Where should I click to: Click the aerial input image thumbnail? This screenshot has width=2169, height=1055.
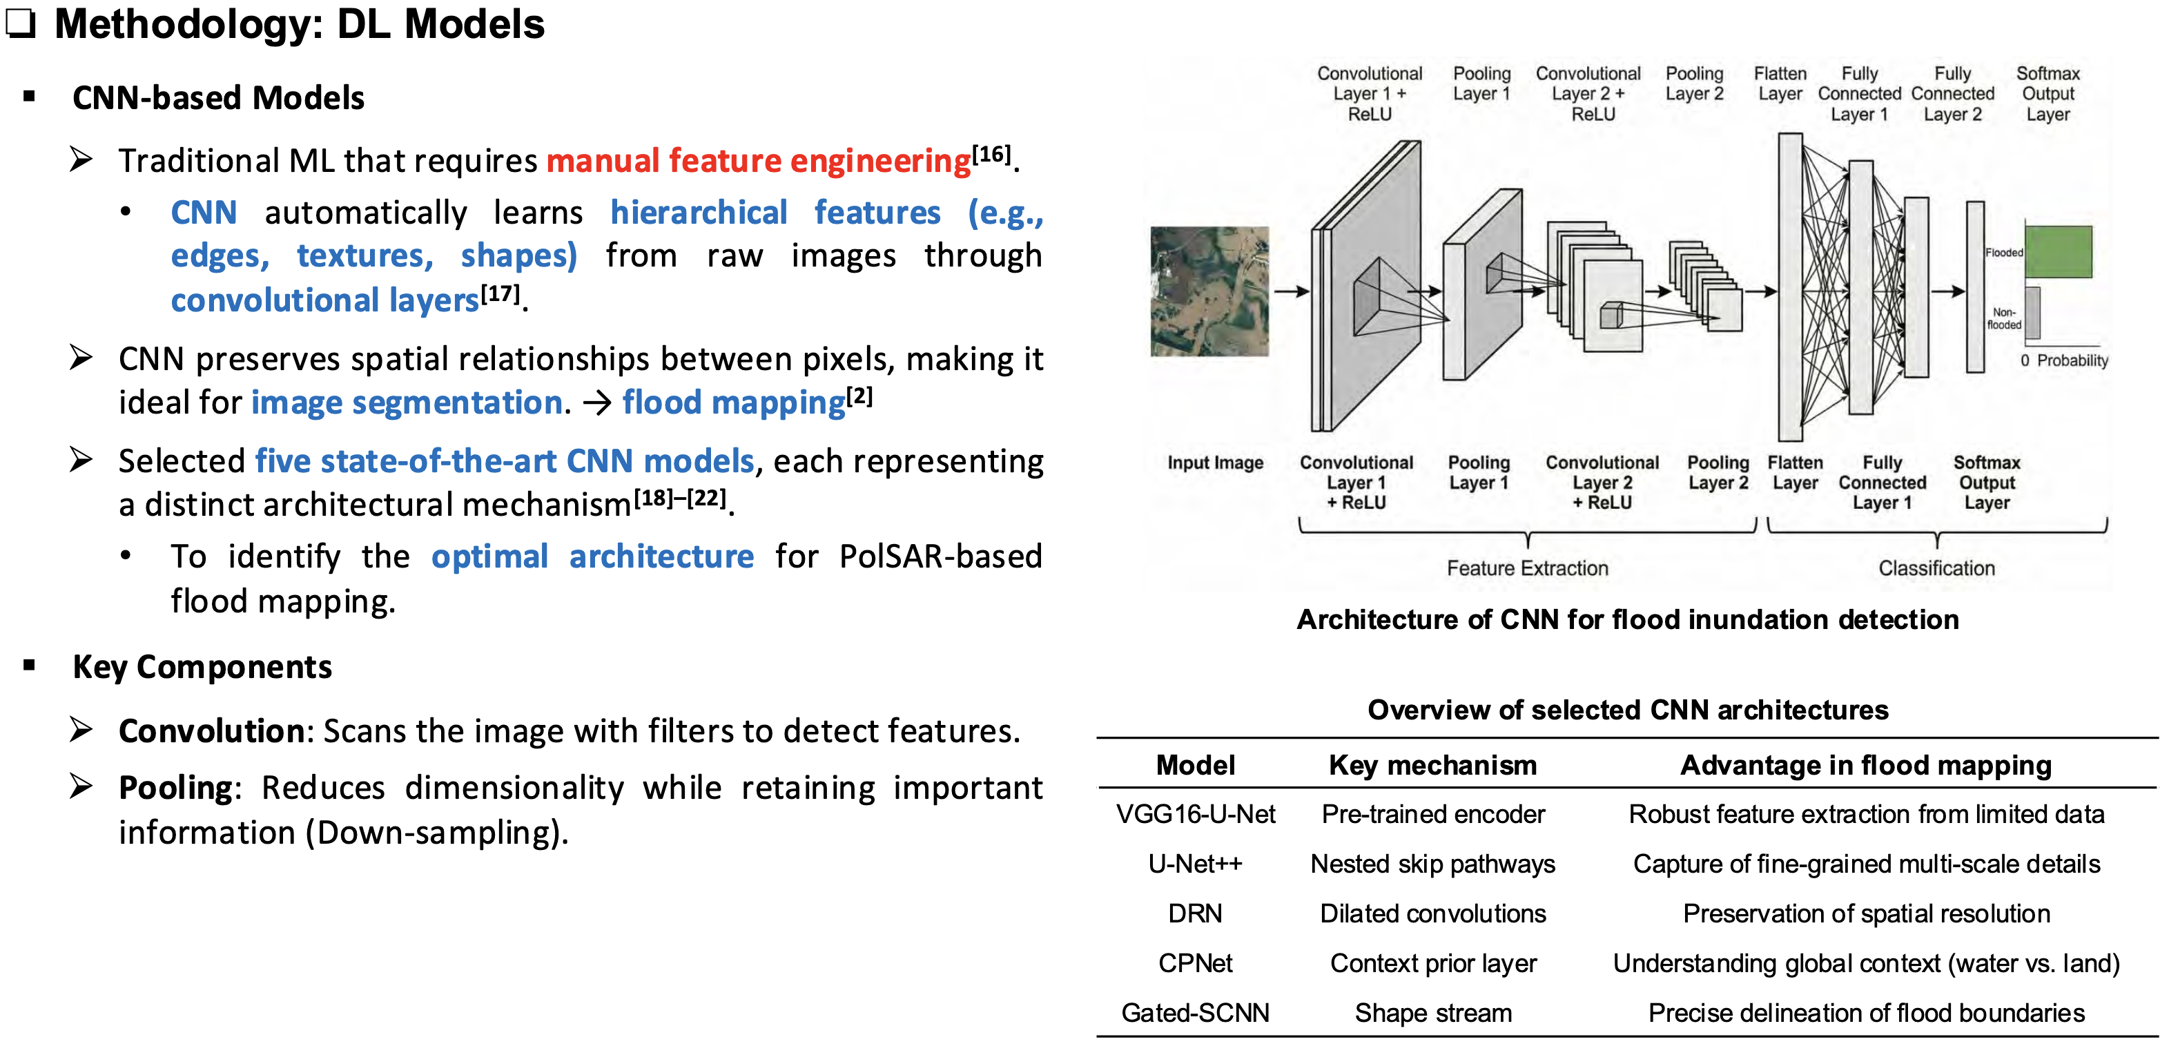(x=1209, y=291)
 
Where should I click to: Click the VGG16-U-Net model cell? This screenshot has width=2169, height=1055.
(x=1195, y=814)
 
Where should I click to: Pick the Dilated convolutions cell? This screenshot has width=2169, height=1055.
(x=1432, y=913)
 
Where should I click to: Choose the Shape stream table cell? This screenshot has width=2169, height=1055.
(x=1432, y=1013)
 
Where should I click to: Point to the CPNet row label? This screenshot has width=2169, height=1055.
(x=1195, y=963)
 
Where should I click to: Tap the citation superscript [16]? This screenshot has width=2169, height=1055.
(x=991, y=154)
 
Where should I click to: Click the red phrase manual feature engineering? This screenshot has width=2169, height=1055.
(x=758, y=161)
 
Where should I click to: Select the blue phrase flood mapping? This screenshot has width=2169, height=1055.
(x=733, y=403)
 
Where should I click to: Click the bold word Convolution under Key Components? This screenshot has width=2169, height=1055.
(x=211, y=731)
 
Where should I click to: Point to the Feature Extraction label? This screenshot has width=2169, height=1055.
(x=1526, y=568)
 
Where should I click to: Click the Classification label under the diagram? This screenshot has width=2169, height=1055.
(x=1936, y=568)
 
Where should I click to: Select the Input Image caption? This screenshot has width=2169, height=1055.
(x=1214, y=463)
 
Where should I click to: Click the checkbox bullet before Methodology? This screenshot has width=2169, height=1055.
(x=20, y=23)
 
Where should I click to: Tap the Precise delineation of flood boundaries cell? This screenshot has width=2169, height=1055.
(x=1866, y=1013)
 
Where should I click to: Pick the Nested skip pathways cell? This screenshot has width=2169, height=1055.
(x=1432, y=864)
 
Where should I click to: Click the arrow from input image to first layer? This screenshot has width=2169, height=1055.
(x=1290, y=291)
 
